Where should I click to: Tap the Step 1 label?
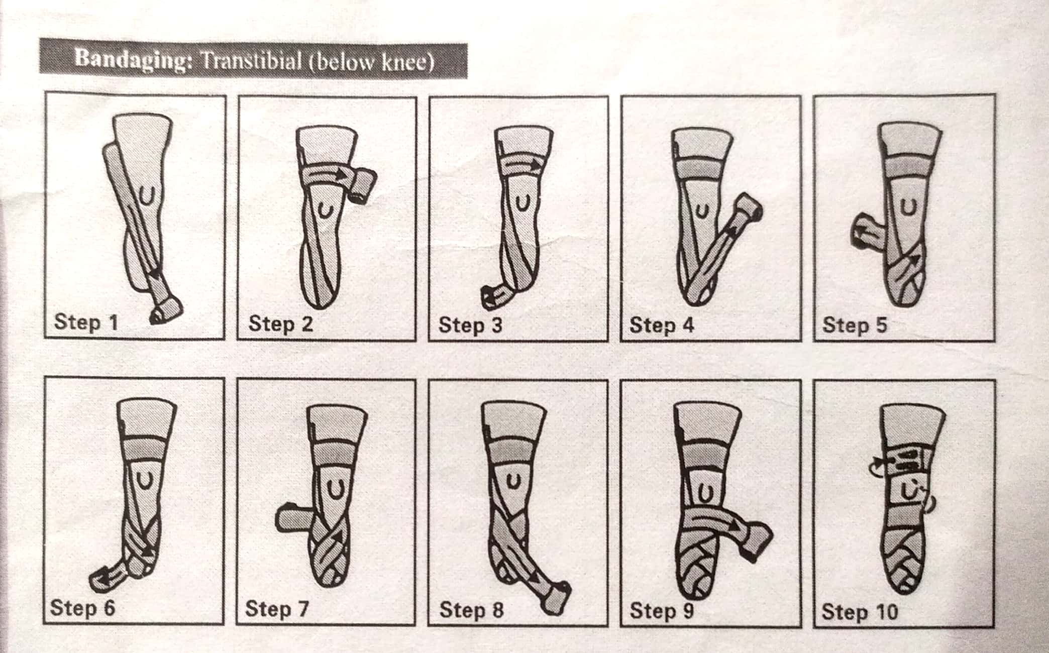coord(86,321)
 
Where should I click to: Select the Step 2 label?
coord(280,323)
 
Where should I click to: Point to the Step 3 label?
coord(470,324)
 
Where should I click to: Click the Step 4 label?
coord(662,324)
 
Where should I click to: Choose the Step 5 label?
coord(855,324)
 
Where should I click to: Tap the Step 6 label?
coord(82,607)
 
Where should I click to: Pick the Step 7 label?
coord(276,609)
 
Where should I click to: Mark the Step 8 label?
coord(471,610)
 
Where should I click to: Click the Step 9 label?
coord(662,610)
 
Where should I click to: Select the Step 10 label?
coord(860,611)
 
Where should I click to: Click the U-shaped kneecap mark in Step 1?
coord(146,194)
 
